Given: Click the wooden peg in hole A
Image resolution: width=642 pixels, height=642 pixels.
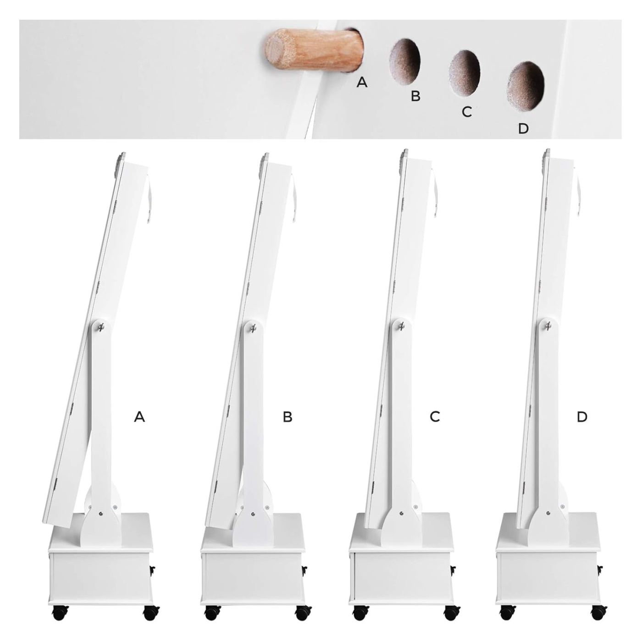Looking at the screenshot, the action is pos(314,52).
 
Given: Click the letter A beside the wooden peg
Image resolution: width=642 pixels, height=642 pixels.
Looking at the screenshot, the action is pos(362,82).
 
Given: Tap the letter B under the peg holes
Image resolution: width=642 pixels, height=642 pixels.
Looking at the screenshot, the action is pos(415,96).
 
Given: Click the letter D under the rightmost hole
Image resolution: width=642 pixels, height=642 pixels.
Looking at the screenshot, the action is pos(523,128).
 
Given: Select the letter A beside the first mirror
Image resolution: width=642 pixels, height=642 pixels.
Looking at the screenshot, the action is pos(139,416).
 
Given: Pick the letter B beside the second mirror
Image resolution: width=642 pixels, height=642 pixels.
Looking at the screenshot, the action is pos(287,416).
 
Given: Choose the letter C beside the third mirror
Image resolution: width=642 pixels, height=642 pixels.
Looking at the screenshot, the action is pos(435,416).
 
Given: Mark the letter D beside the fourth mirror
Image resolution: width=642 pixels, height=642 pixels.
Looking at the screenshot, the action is pos(582,416).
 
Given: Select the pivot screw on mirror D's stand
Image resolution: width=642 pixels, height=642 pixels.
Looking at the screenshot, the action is pos(548,325).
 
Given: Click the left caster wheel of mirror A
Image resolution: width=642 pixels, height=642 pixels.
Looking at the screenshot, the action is pos(60,605).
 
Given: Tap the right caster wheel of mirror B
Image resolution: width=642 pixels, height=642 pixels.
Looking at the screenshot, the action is pos(303,605).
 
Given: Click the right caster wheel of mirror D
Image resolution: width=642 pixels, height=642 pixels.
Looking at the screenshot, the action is pos(599,605).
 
